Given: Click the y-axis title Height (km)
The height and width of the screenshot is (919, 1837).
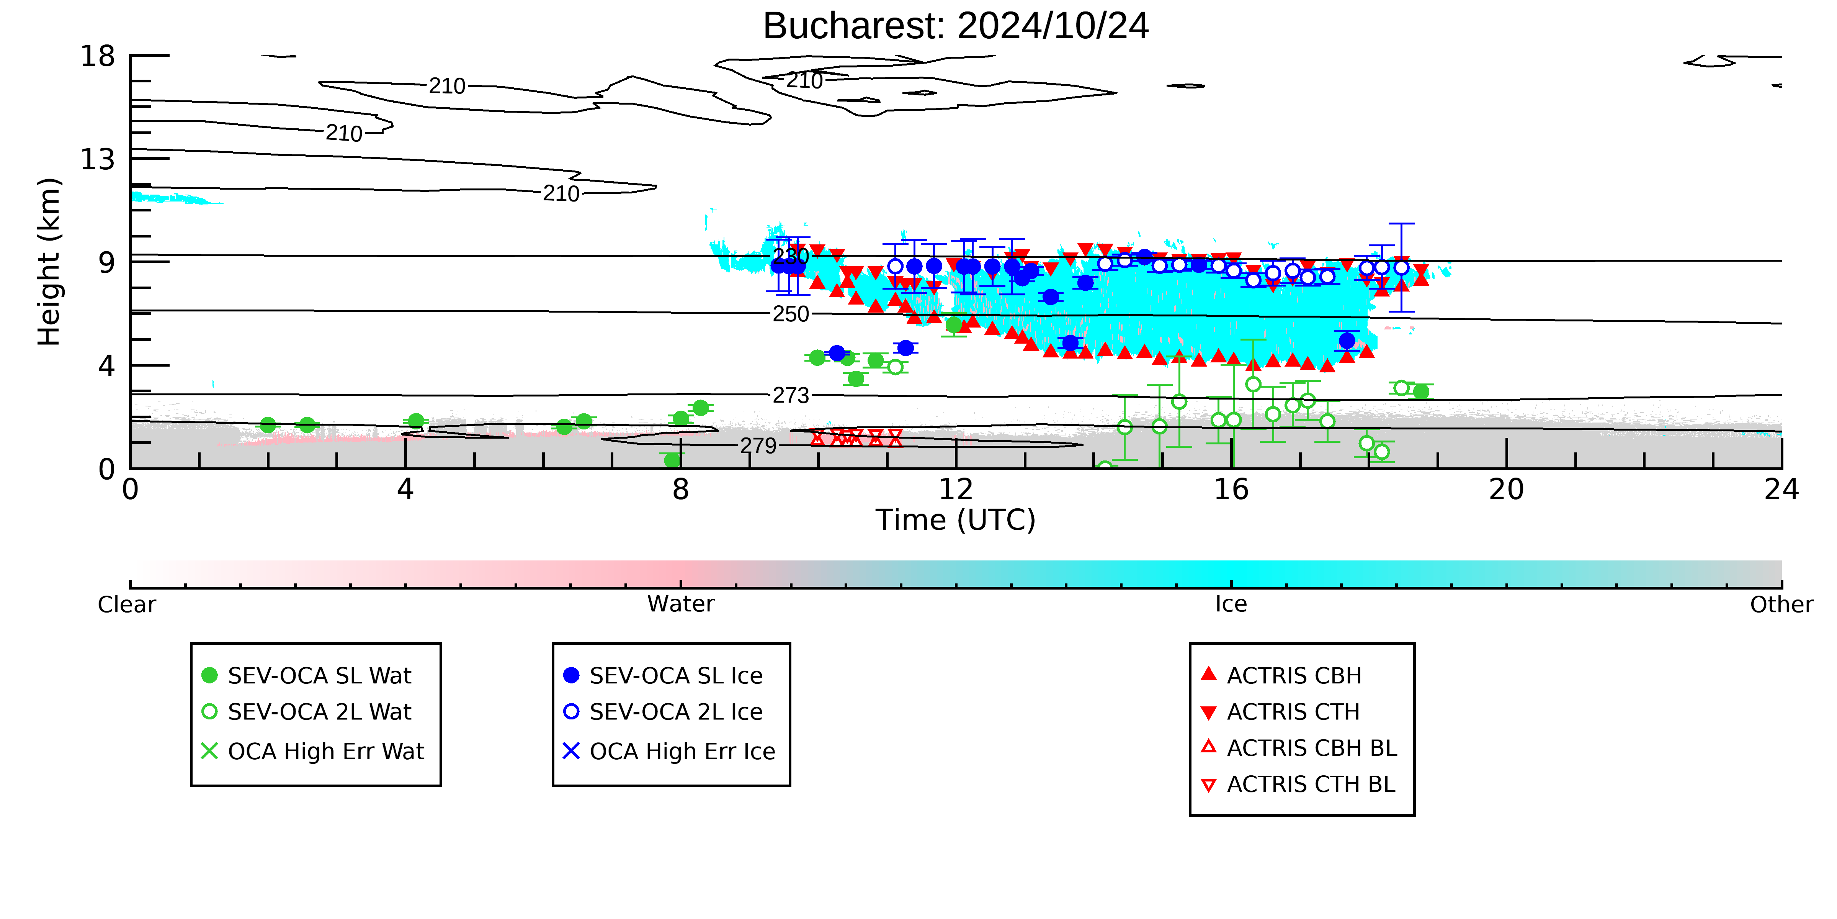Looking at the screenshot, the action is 49,262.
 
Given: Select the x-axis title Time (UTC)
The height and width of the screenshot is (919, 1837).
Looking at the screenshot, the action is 956,520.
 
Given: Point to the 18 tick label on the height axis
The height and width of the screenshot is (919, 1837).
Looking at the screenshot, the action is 98,56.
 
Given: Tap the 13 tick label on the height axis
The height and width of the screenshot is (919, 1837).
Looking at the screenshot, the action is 98,159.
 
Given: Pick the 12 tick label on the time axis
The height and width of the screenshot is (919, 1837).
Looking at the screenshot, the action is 956,490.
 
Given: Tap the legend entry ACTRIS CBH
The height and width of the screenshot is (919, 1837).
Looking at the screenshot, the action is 1281,676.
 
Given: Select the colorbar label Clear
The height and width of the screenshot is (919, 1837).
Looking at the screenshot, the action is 127,604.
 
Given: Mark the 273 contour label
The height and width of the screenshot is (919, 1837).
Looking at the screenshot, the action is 791,395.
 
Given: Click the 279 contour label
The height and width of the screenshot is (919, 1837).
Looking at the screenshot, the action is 758,446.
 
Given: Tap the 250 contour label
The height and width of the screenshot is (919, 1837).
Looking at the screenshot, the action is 791,314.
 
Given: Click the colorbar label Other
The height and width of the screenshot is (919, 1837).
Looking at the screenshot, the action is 1781,604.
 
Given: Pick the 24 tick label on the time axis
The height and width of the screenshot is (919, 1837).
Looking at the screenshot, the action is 1781,490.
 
